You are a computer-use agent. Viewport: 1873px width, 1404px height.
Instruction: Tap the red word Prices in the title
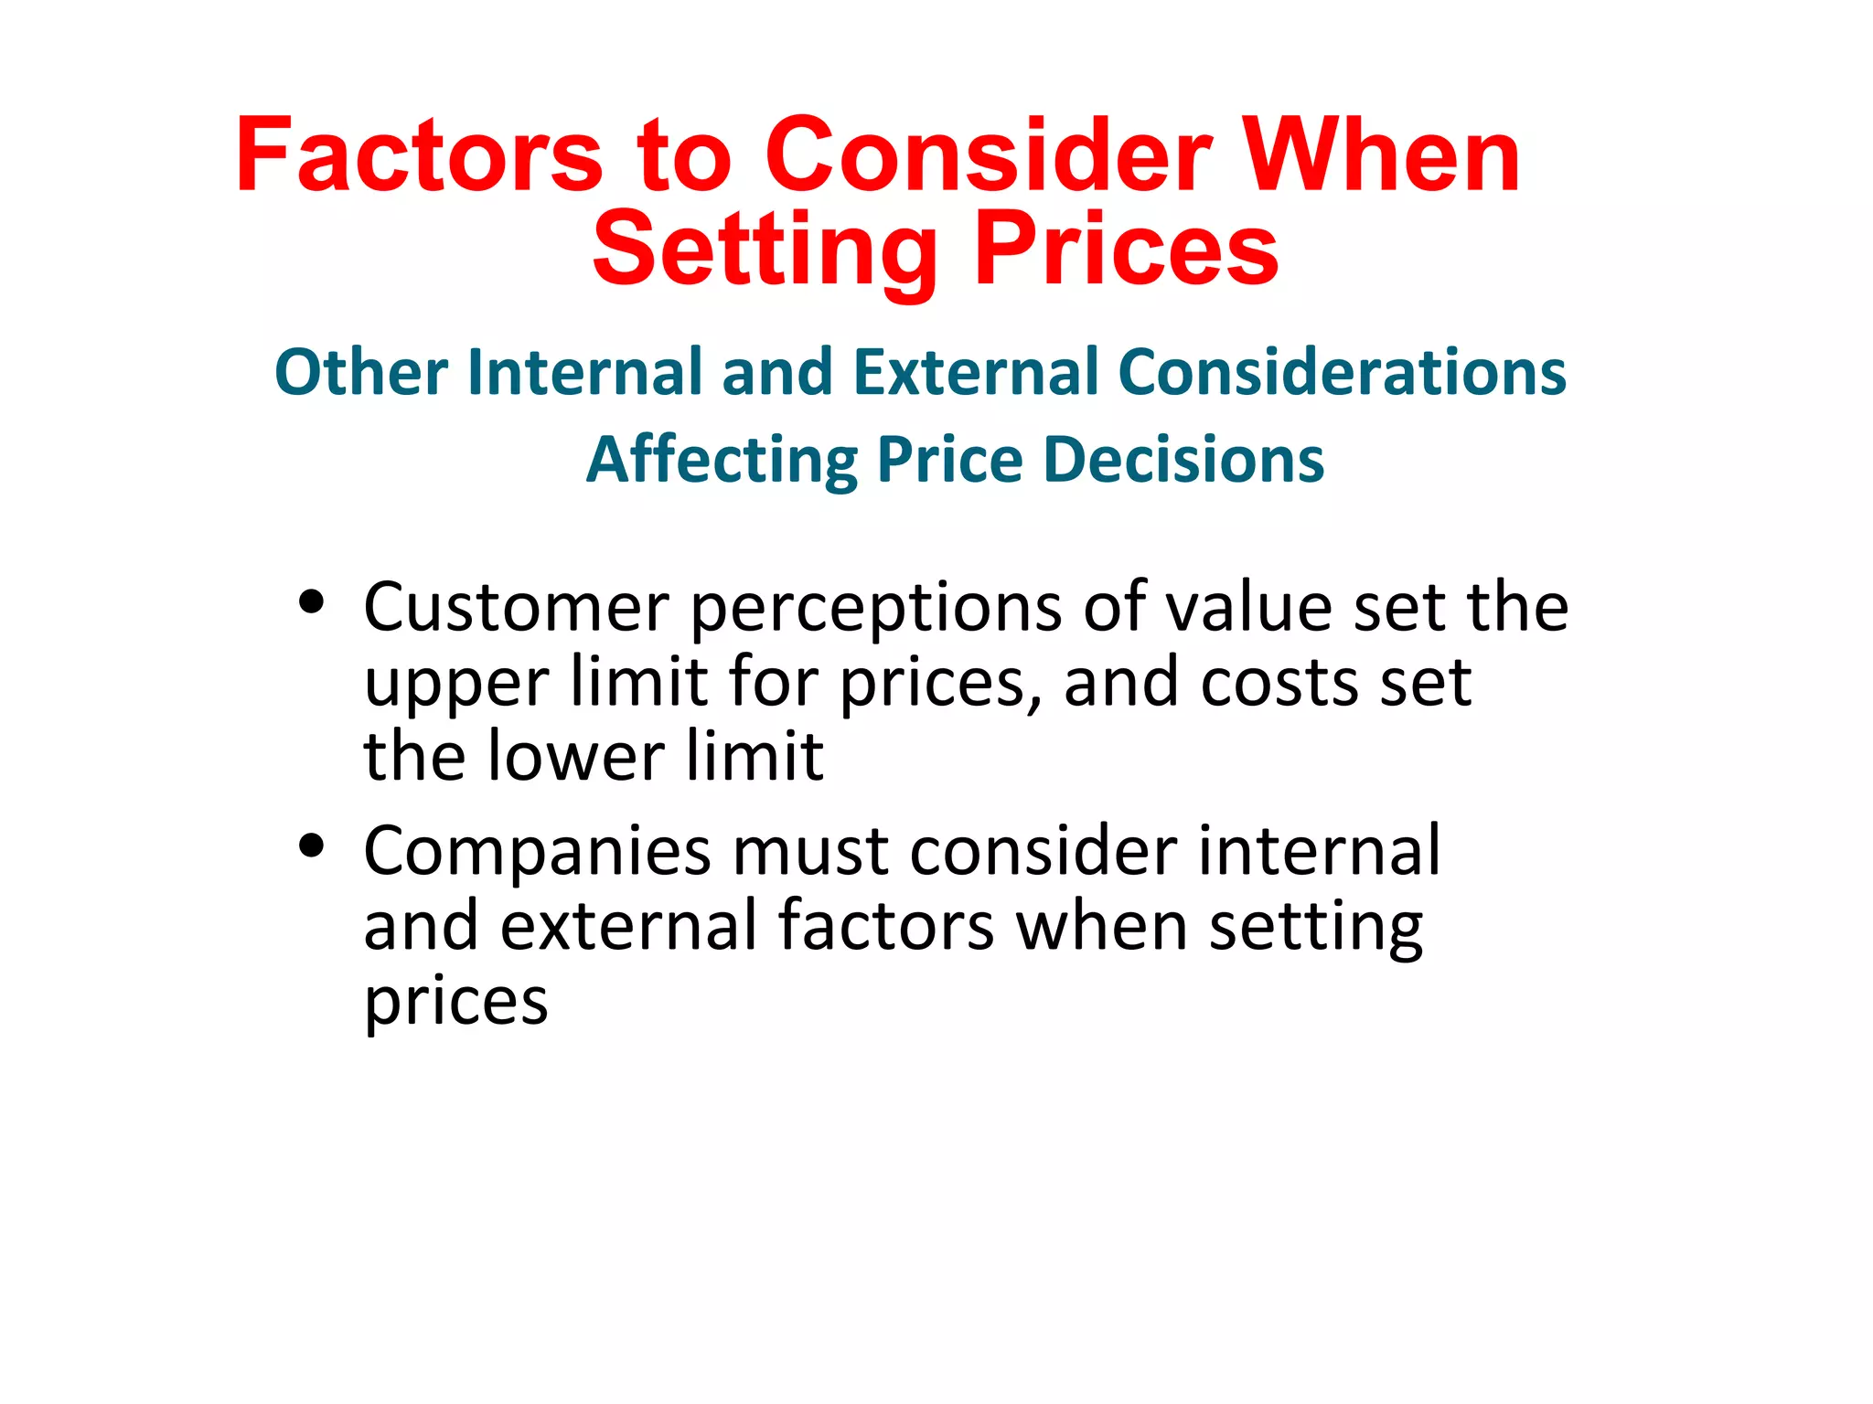coord(1126,249)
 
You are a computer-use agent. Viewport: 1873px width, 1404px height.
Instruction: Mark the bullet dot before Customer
coord(312,602)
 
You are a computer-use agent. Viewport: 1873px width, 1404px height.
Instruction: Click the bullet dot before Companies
coord(312,846)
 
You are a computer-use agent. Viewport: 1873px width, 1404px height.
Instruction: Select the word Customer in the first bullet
coord(517,607)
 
